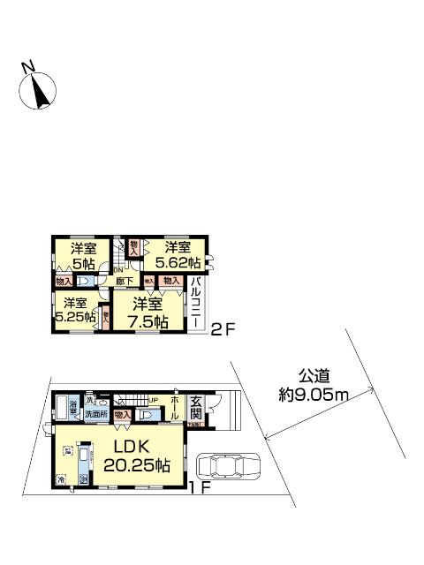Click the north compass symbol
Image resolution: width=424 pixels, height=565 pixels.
37,89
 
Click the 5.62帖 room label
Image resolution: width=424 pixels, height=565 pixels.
177,262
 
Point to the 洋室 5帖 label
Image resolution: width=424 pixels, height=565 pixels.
85,253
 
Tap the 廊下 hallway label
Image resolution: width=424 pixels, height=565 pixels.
125,282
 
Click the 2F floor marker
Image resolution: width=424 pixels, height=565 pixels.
221,333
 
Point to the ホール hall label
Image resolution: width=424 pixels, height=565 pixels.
174,408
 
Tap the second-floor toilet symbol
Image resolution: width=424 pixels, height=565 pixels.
85,281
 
